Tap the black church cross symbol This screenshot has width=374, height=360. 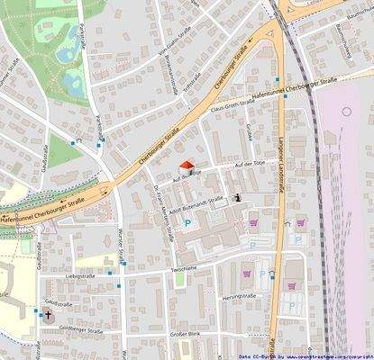(48, 315)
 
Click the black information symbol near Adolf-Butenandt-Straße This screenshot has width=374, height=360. (237, 196)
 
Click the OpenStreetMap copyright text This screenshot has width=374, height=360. (306, 355)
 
